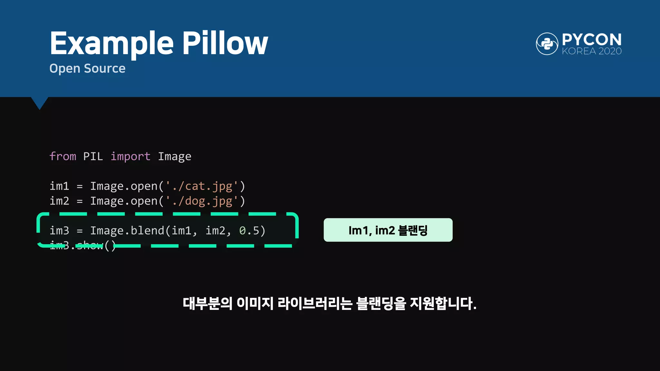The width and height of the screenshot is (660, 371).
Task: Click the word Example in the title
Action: click(x=112, y=43)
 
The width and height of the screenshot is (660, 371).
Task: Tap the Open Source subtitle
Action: click(x=87, y=69)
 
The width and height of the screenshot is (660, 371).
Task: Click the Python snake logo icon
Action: click(x=547, y=44)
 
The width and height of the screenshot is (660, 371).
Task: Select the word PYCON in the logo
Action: click(x=592, y=40)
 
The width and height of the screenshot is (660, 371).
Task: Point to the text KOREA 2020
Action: click(x=592, y=51)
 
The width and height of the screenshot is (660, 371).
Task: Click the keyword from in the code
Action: click(x=63, y=157)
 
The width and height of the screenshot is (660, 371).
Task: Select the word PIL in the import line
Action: click(x=93, y=157)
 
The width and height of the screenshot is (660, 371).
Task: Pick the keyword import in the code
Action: click(x=131, y=157)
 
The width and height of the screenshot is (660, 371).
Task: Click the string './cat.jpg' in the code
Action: click(x=202, y=186)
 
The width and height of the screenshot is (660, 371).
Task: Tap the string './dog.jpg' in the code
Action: click(x=202, y=201)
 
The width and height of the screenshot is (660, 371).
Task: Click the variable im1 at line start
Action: click(x=60, y=186)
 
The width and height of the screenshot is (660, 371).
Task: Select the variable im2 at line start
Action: click(x=60, y=201)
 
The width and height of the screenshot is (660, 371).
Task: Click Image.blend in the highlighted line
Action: click(x=127, y=231)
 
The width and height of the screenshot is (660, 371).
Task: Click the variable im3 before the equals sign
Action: click(x=60, y=231)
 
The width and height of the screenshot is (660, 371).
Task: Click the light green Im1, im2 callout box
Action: click(x=388, y=230)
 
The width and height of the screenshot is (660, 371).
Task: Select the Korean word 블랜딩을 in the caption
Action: click(x=381, y=303)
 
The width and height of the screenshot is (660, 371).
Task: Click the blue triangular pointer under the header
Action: click(x=40, y=103)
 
